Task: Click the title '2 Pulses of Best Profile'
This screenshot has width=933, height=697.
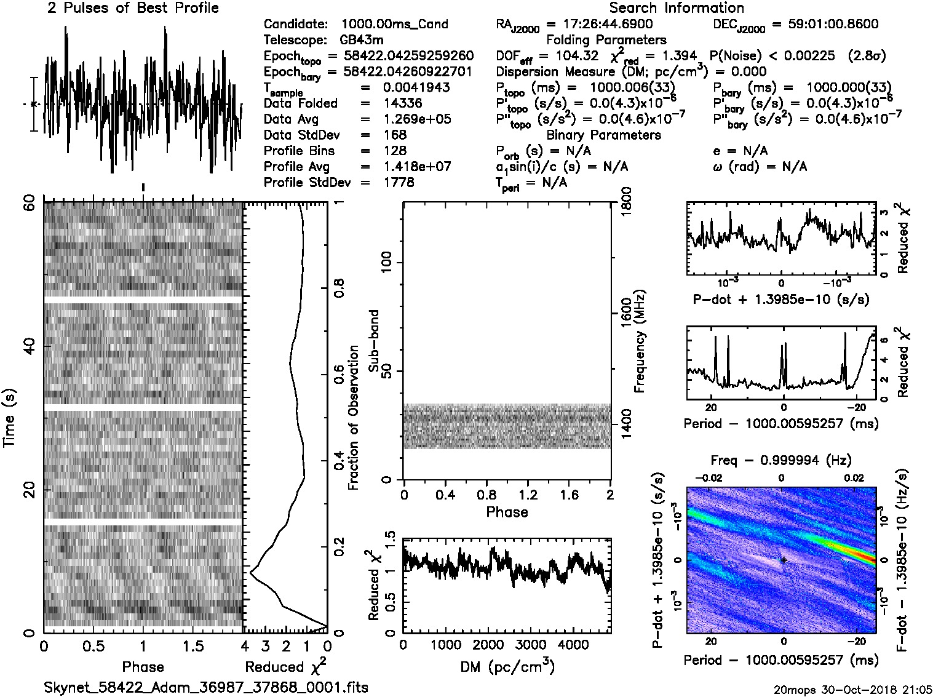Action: (133, 9)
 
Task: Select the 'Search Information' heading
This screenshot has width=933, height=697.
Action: (677, 9)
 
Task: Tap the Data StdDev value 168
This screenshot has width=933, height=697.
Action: (395, 135)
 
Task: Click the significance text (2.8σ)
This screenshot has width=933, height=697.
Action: (867, 56)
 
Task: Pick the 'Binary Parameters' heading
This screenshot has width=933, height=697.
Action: (604, 135)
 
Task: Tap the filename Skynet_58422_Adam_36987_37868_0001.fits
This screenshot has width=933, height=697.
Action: (206, 687)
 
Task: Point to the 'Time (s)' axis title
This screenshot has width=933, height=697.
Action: (9, 418)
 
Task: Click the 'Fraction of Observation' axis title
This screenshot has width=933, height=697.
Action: (354, 418)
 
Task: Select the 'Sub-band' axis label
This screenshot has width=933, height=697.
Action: (373, 340)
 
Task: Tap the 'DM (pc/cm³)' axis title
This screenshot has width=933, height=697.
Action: (507, 667)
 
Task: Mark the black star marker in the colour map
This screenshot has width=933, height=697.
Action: (783, 560)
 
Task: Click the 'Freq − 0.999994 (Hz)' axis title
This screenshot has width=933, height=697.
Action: (781, 461)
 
